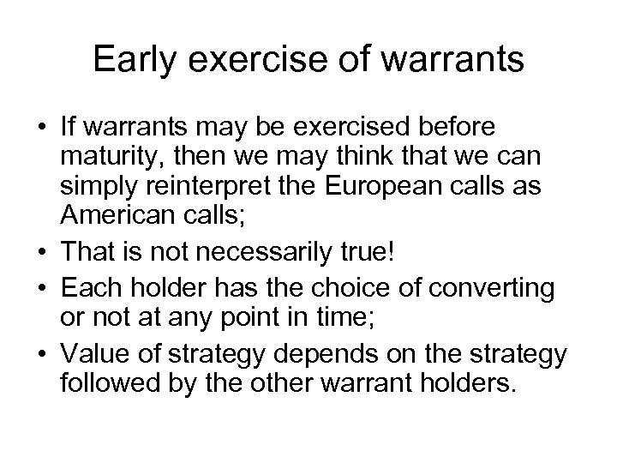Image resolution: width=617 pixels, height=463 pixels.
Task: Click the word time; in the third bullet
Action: [349, 308]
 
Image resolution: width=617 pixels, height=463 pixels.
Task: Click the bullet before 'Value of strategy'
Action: [43, 338]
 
